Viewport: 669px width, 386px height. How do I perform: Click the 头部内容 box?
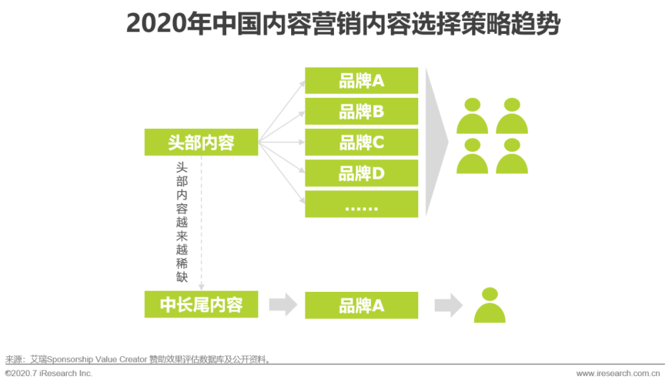201,142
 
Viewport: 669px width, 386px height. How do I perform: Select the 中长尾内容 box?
201,304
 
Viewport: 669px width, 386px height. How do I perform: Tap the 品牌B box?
361,112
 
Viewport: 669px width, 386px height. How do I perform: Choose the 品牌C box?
361,142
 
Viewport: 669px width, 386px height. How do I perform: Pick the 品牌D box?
361,173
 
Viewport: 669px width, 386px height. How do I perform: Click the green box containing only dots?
361,204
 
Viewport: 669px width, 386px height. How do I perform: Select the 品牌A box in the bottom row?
361,305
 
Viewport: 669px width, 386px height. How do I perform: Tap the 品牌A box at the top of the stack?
361,81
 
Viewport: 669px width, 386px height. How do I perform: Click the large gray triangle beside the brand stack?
435,142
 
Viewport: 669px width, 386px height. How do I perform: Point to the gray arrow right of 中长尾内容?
283,305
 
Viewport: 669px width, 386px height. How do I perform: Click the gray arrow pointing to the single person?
448,305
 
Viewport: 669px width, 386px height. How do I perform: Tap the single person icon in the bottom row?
490,305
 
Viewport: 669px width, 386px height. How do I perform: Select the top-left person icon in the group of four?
472,116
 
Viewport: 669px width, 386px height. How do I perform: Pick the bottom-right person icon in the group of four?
512,156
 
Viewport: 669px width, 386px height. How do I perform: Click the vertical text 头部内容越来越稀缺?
181,222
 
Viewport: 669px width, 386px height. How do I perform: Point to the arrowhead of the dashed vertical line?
201,287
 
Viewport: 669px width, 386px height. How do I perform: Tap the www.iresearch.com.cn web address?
618,374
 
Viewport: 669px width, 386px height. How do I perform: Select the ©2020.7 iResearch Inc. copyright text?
49,374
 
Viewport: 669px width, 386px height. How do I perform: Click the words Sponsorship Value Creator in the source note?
97,359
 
